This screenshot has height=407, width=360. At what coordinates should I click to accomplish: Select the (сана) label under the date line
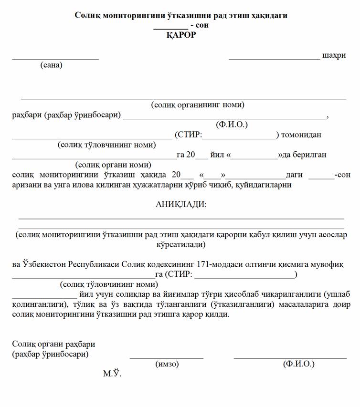(x=51, y=65)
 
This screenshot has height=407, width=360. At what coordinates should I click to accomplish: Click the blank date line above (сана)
(x=55, y=59)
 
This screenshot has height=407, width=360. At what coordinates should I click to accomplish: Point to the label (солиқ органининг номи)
(x=198, y=104)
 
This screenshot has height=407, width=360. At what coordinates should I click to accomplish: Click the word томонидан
(x=301, y=135)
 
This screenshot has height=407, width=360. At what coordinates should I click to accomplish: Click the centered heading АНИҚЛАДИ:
(x=181, y=204)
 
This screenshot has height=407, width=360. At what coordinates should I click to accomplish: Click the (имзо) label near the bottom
(x=167, y=364)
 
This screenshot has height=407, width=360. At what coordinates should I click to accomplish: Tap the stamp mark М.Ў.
(x=112, y=374)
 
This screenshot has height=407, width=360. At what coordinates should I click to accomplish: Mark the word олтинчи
(x=254, y=264)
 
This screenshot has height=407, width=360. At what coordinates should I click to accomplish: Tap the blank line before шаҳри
(x=274, y=59)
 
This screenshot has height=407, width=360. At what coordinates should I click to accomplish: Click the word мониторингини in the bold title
(x=125, y=15)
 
